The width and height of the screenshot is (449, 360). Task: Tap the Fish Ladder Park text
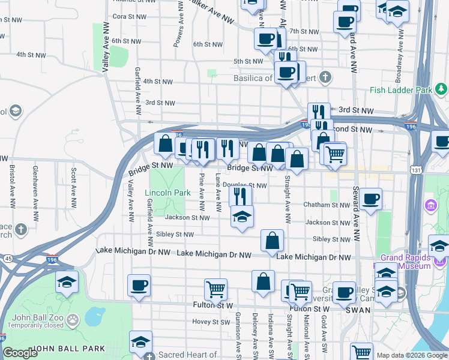pos(401,90)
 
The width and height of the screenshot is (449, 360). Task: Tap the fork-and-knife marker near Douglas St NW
pos(240,194)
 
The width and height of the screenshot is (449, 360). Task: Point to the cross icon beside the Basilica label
pos(325,77)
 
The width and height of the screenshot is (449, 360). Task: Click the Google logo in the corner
pos(20,353)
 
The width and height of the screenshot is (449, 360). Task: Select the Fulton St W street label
pos(212,305)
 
